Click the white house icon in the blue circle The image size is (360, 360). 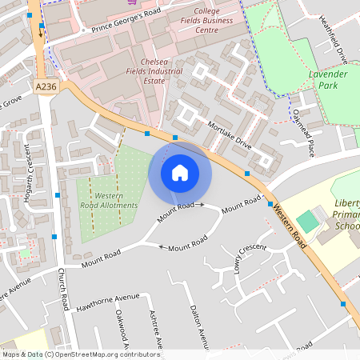pos(180,172)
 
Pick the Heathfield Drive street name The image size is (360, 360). pos(332,40)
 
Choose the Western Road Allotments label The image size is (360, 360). pos(115,201)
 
